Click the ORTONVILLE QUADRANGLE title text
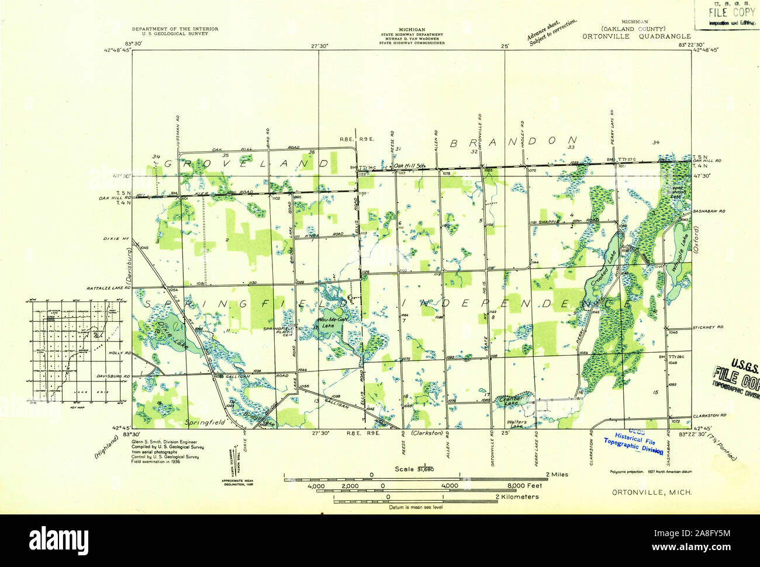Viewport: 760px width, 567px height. click(636, 36)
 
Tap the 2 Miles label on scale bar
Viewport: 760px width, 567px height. click(557, 475)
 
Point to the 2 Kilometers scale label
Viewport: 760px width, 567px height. click(517, 497)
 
